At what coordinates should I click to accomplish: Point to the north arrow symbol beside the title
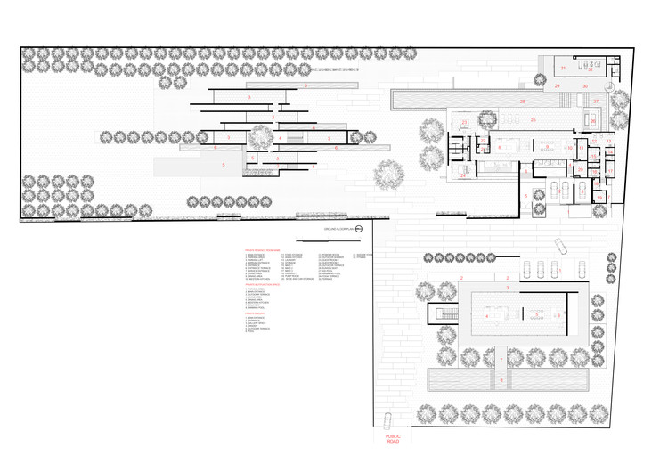(358, 230)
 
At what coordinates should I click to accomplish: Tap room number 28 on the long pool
(523, 102)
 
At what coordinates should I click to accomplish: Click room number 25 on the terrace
(533, 119)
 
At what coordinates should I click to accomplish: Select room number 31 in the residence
(563, 68)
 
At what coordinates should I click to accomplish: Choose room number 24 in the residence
(463, 176)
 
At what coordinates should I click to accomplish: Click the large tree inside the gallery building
(260, 138)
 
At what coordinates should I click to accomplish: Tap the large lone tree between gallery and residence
(387, 173)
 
